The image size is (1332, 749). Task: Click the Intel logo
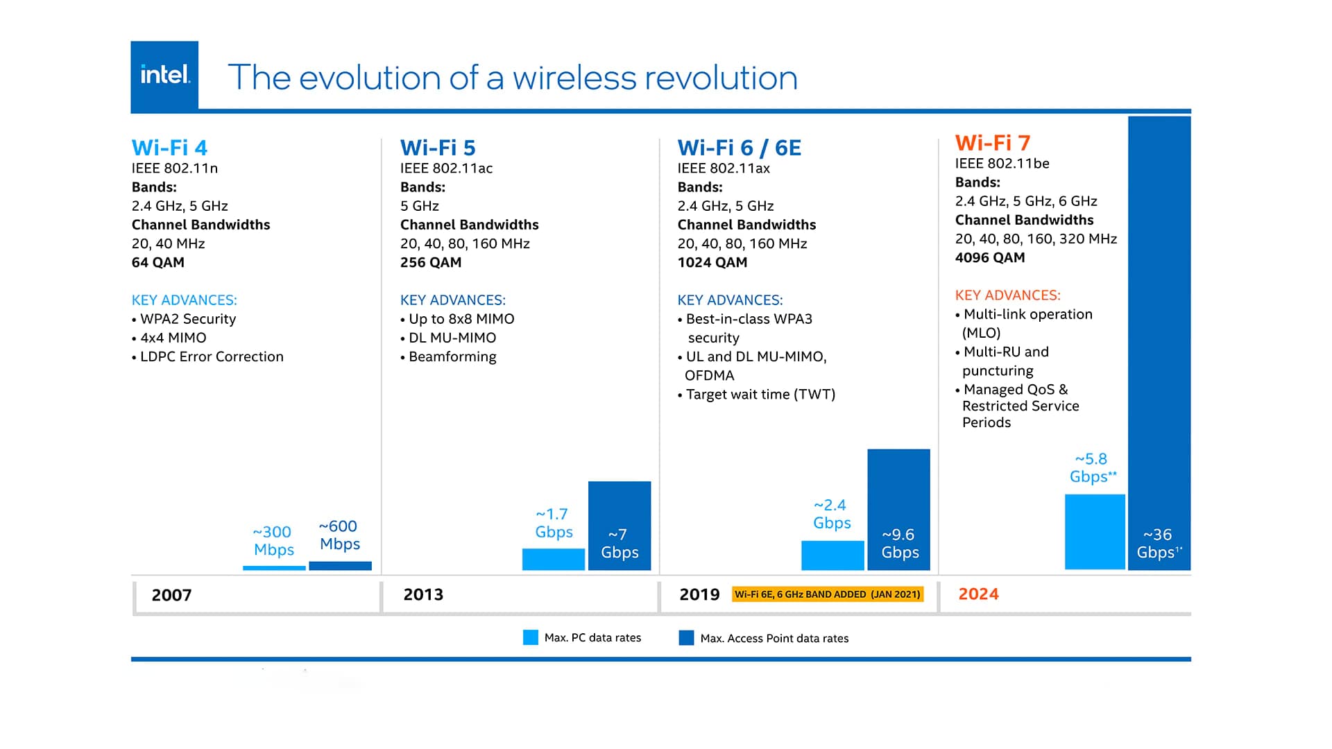coord(164,75)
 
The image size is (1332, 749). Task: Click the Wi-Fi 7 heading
coord(992,143)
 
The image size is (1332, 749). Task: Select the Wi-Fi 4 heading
coord(169,148)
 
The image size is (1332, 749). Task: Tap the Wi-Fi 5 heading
coord(438,148)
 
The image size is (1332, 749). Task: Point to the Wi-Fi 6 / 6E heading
coord(739,148)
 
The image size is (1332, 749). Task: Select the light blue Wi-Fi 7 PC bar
coord(1095,531)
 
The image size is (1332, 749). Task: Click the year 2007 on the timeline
coord(171,595)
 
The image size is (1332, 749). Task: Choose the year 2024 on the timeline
coord(978,594)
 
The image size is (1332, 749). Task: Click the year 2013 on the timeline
coord(423,595)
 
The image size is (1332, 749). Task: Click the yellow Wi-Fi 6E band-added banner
coord(828,594)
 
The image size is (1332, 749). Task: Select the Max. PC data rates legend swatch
coord(531,637)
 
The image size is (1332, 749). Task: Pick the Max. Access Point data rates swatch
coord(686,638)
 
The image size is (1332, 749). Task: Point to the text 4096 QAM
coord(990,258)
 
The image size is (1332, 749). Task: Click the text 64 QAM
coord(158,263)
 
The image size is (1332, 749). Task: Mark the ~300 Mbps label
coord(273,541)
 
